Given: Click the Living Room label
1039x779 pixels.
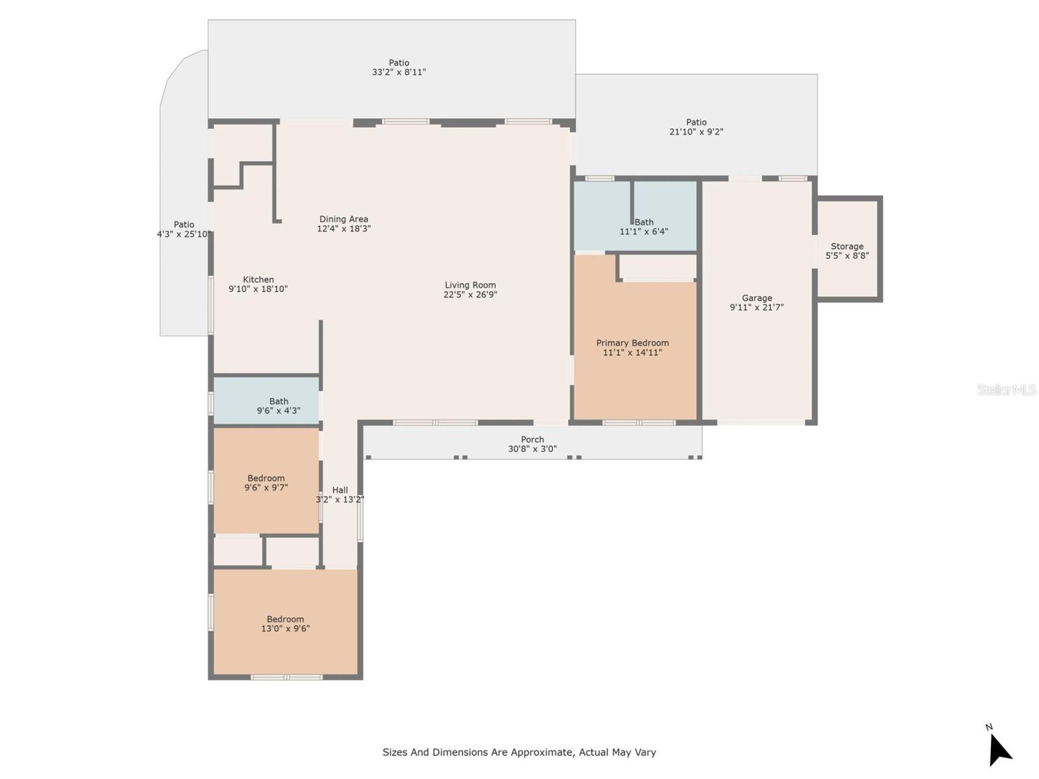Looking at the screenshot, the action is point(469,285).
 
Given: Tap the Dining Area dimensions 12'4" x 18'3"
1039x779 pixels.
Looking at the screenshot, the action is point(343,229).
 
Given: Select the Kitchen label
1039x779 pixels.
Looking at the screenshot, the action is point(258,280).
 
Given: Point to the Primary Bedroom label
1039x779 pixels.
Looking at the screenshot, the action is point(632,343).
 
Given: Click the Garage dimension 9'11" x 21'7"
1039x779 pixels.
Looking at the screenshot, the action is point(757,308).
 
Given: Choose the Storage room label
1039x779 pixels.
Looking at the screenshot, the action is point(847,247).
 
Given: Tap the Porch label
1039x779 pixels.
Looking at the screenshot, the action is point(532,439).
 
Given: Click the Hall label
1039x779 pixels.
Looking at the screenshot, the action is point(340,490).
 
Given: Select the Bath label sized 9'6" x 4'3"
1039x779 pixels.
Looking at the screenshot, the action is point(279,401).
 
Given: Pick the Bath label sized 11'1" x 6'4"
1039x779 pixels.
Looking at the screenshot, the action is point(644,222).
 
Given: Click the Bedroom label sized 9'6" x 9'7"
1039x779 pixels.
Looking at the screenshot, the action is point(266,478).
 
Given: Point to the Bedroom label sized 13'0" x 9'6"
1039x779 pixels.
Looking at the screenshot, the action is point(285,619).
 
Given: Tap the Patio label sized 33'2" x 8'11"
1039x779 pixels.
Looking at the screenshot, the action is point(399,62).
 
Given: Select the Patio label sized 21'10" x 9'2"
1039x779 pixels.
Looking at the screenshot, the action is point(696,122).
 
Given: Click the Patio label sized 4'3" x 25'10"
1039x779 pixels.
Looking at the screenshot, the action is point(184,225).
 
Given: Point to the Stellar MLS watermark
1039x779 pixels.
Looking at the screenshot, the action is point(1007,389).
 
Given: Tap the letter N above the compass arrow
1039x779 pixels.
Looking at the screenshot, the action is point(989,727).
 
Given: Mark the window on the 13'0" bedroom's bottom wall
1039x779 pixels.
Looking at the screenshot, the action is point(286,677).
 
